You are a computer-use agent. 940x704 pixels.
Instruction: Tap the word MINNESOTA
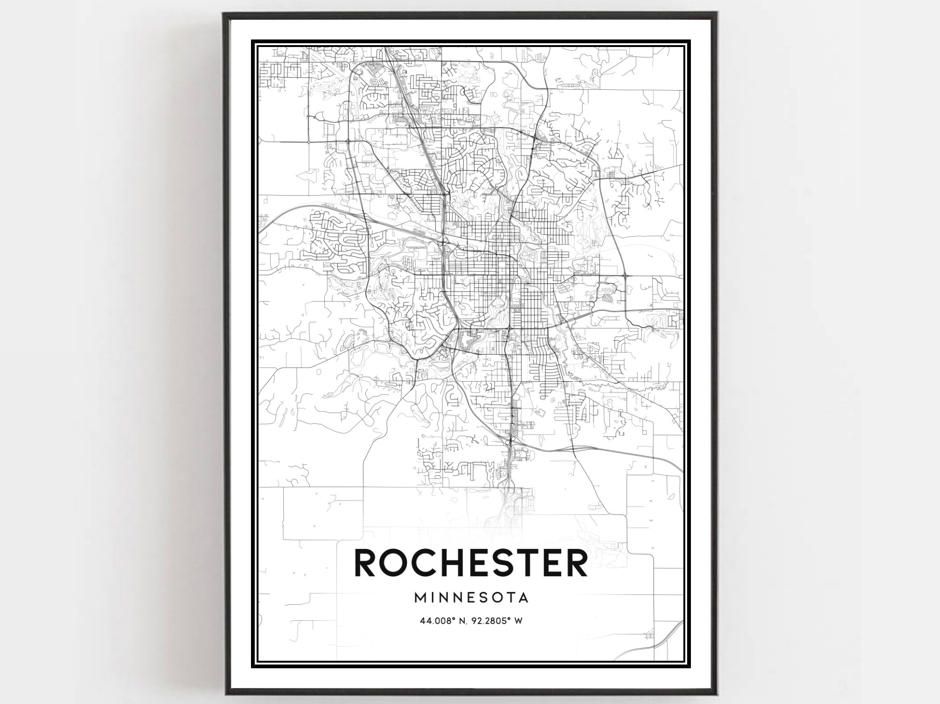point(471,598)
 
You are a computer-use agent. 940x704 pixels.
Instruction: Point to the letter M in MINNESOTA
point(420,598)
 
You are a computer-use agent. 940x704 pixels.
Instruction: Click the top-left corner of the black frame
point(224,14)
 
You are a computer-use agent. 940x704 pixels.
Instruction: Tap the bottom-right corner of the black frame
point(718,694)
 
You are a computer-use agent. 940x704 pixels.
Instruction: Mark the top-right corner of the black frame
point(718,14)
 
